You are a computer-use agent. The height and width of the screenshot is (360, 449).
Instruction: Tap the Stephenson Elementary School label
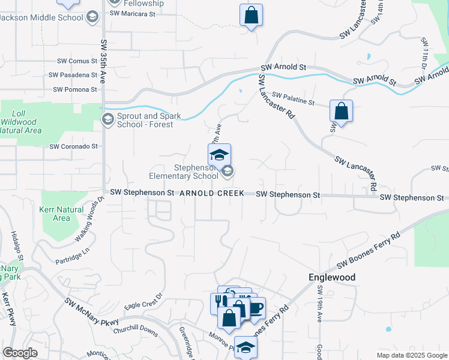[184, 172]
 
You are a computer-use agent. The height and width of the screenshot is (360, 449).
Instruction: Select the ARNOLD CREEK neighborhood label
[211, 193]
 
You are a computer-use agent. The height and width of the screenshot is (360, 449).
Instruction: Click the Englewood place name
[332, 277]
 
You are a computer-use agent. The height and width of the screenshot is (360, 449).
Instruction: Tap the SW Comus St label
[77, 61]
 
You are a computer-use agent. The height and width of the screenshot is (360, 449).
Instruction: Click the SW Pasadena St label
[74, 75]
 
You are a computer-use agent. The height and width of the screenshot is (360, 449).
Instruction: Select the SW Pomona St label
[75, 89]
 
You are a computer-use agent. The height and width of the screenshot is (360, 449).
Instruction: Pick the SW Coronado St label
[73, 146]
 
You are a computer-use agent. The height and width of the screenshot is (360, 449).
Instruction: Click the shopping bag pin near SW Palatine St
[341, 112]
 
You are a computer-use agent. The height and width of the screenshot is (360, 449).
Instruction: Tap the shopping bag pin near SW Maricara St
[251, 16]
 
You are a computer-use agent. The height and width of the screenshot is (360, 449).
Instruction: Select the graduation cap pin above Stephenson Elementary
[219, 155]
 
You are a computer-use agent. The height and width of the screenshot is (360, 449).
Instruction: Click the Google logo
[20, 353]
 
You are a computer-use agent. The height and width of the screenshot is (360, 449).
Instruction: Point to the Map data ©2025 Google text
[411, 355]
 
